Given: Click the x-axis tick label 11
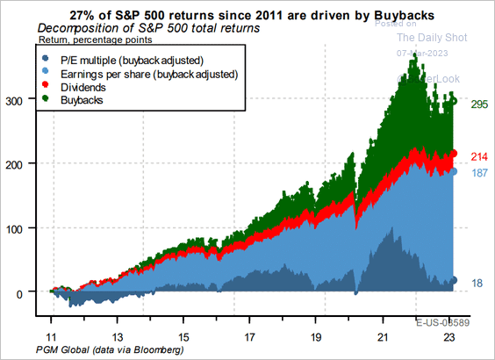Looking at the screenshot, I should coord(52,336).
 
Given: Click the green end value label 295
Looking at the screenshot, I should coord(478,104).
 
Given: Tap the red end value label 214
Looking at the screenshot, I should coord(478,155).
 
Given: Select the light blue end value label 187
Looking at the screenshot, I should coord(478,173).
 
